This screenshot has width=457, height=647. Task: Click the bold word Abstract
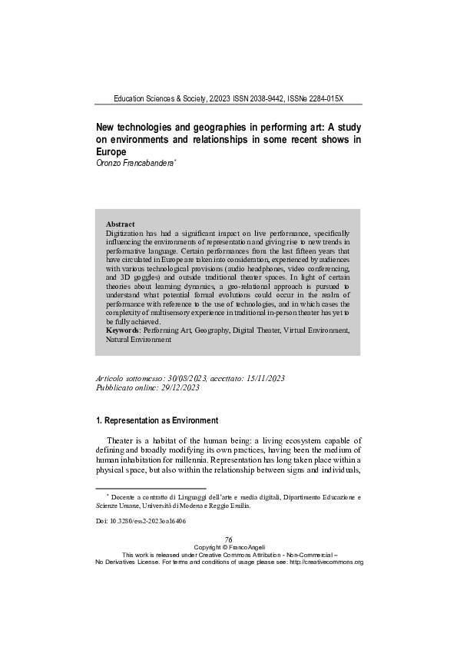tap(120, 224)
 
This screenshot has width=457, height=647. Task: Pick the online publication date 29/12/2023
tap(177, 389)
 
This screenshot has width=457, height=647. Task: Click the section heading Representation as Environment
tap(161, 421)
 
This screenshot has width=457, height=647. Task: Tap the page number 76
tap(228, 540)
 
